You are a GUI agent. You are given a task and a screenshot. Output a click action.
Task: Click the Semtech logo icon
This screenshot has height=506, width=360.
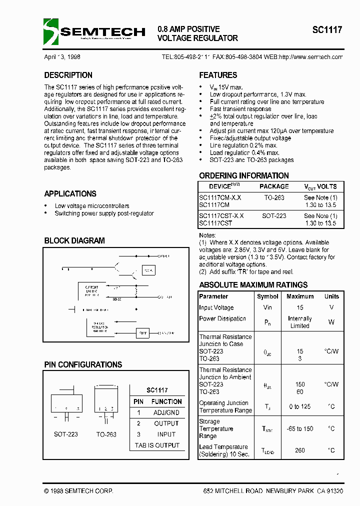pyautogui.click(x=51, y=31)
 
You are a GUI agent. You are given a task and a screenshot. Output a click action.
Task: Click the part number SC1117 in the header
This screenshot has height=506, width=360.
pyautogui.click(x=327, y=29)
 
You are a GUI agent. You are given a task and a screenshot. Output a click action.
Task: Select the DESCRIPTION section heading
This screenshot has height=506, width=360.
pyautogui.click(x=68, y=75)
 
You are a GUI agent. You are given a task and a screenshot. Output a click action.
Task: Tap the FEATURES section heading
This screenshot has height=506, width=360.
pyautogui.click(x=218, y=75)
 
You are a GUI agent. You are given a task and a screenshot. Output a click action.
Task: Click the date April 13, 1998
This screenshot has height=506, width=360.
pyautogui.click(x=62, y=57)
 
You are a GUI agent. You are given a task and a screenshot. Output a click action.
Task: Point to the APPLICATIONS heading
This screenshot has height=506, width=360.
pyautogui.click(x=70, y=194)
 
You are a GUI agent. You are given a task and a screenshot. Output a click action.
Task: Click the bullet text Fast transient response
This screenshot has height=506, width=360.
pyautogui.click(x=240, y=109)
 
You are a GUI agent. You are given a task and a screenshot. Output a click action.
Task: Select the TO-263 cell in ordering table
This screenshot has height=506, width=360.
pyautogui.click(x=274, y=197)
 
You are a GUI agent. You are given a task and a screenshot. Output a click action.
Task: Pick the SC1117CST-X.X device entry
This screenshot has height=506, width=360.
pyautogui.click(x=221, y=215)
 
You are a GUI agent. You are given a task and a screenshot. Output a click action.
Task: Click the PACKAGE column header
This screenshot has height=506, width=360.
pyautogui.click(x=274, y=186)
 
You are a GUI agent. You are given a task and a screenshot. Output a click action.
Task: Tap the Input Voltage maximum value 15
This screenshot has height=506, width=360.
pyautogui.click(x=300, y=308)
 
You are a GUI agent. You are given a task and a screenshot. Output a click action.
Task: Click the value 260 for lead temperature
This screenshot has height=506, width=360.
pyautogui.click(x=300, y=450)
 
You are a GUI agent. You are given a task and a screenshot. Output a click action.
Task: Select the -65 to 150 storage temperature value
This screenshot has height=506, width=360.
pyautogui.click(x=300, y=429)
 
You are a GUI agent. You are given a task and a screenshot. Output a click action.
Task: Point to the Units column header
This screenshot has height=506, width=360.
pyautogui.click(x=331, y=296)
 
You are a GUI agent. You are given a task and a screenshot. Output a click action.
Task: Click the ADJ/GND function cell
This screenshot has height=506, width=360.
pyautogui.click(x=166, y=412)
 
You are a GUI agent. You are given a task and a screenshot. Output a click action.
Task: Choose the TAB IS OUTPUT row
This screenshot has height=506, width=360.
pyautogui.click(x=157, y=445)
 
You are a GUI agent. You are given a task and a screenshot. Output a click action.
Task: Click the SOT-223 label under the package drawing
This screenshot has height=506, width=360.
pyautogui.click(x=66, y=434)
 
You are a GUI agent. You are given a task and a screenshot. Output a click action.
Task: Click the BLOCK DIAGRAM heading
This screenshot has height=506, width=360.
pyautogui.click(x=74, y=240)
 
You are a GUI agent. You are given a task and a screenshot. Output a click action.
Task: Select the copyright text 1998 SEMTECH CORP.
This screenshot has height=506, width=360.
pyautogui.click(x=78, y=491)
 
